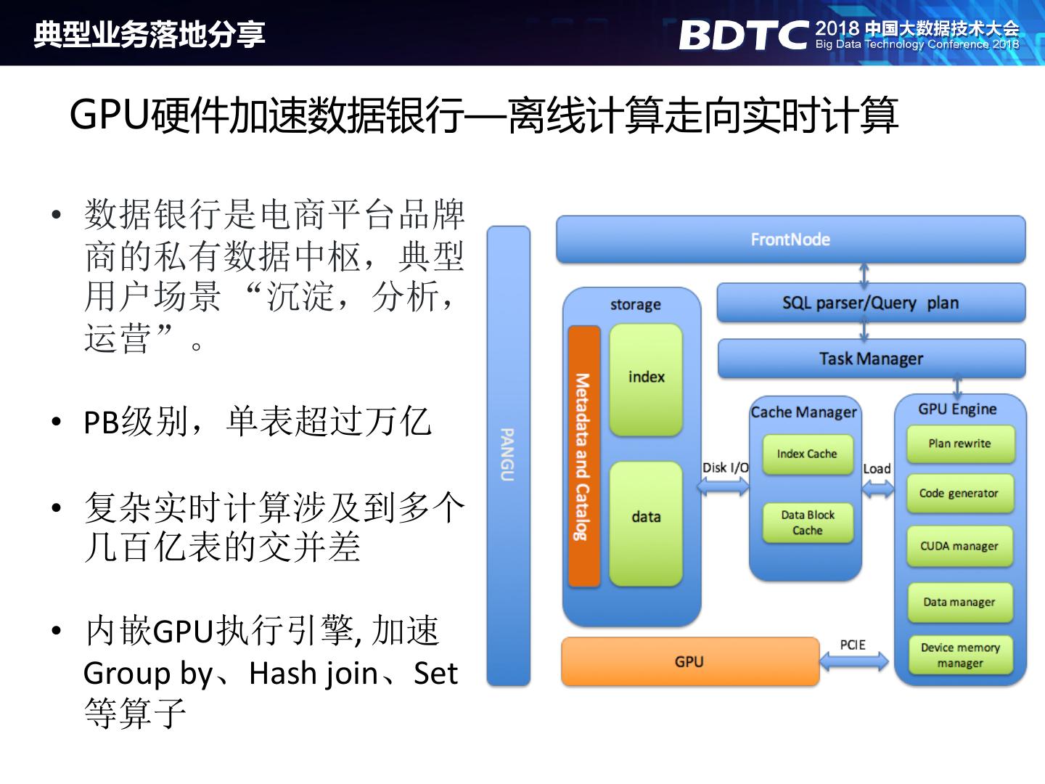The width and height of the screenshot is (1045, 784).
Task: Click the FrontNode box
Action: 790,240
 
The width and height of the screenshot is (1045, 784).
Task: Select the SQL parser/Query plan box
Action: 871,303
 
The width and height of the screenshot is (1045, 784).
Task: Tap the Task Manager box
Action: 871,359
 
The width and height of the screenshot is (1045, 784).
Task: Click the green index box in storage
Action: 646,379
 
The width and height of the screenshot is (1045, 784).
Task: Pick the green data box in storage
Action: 646,523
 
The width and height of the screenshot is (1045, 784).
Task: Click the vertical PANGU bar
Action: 508,455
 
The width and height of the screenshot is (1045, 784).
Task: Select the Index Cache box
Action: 807,454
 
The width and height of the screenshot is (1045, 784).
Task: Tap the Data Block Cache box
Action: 807,523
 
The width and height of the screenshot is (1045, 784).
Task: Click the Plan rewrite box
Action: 959,444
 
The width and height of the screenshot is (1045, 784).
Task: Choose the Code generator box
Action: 959,494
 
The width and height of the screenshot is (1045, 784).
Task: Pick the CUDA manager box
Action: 959,547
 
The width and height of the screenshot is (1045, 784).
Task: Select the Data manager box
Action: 959,603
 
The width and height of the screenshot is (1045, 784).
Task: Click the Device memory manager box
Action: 959,656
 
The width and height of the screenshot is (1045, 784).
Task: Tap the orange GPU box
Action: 689,661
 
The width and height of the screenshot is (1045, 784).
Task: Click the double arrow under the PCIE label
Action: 854,661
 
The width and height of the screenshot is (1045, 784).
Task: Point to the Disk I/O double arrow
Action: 723,486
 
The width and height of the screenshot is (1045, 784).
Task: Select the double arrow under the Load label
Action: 878,488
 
